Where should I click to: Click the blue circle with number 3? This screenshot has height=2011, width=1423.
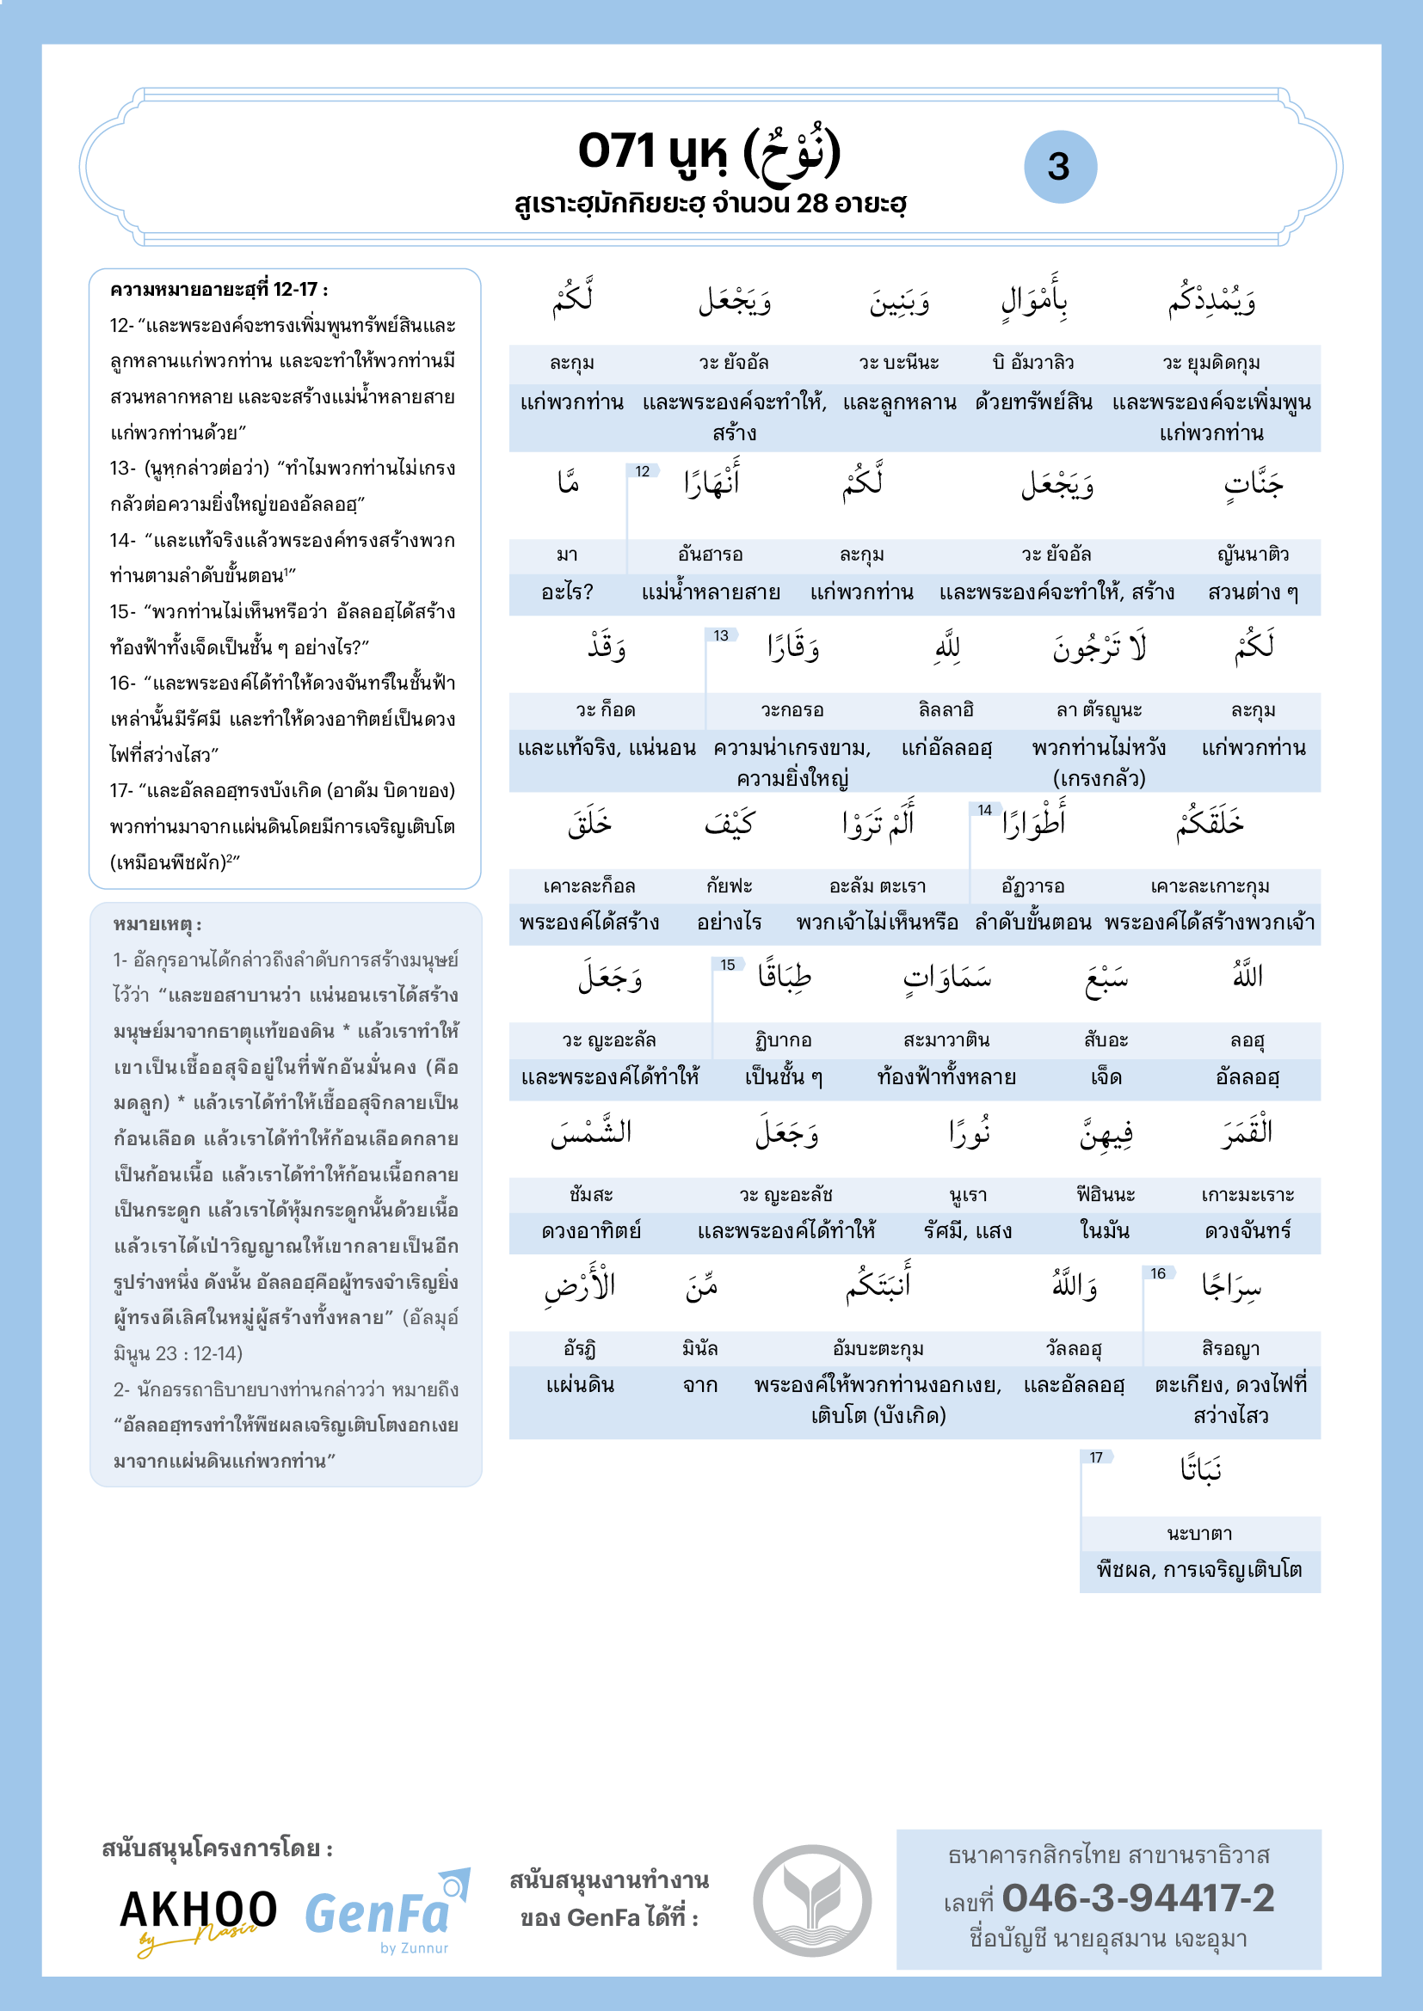(1059, 167)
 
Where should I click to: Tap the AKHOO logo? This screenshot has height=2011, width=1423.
(198, 1917)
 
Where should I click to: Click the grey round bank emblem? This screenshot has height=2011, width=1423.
(812, 1901)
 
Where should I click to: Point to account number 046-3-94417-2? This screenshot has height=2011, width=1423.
(1137, 1898)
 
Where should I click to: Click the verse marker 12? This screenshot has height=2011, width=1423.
(643, 471)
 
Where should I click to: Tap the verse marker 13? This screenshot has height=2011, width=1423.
(720, 635)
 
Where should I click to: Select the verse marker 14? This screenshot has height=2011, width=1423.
(985, 809)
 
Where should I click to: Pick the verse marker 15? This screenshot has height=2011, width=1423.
(727, 965)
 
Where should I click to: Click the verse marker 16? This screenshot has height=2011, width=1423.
(1157, 1272)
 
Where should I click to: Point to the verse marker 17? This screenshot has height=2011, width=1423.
(1096, 1456)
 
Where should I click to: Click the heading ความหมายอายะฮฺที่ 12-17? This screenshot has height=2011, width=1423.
(219, 290)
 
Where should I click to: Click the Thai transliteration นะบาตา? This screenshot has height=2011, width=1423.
(1199, 1533)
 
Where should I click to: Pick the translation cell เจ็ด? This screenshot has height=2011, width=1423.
(1106, 1077)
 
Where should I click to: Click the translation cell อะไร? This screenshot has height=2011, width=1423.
(567, 592)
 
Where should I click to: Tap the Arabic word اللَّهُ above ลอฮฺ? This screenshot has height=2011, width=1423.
(1247, 975)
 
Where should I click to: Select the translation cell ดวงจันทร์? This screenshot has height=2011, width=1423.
(1247, 1231)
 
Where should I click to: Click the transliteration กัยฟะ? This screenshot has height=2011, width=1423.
(729, 886)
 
